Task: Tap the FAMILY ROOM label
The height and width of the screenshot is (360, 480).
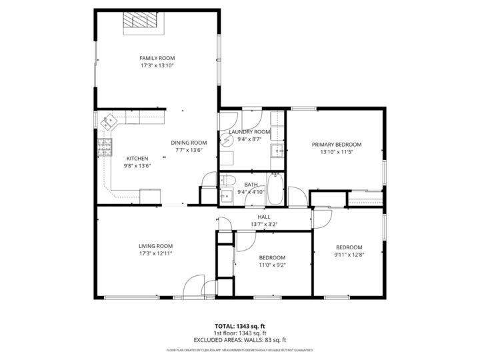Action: (157, 58)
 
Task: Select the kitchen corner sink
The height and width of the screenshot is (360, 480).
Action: (109, 122)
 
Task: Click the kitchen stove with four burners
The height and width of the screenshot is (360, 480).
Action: (105, 148)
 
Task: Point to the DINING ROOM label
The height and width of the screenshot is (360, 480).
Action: (189, 143)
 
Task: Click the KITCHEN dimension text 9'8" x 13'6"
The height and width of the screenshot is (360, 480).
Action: (137, 165)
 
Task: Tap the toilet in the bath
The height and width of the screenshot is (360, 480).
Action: (227, 181)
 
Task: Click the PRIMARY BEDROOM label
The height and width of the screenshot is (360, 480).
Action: (337, 145)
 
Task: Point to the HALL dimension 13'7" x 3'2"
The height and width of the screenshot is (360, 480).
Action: (264, 225)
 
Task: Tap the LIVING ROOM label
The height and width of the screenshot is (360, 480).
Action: (155, 245)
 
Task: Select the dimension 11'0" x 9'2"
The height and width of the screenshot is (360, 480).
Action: (272, 265)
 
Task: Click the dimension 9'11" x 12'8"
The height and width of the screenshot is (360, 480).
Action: (349, 254)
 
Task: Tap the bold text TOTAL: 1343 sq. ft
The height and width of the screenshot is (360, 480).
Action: (239, 327)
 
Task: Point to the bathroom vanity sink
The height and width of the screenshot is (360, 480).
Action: (227, 195)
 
